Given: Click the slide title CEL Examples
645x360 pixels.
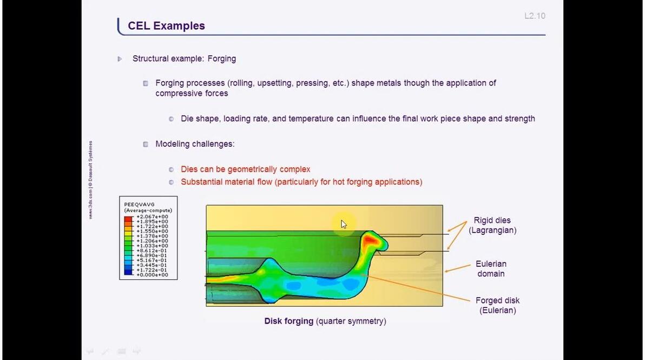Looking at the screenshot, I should (x=166, y=25).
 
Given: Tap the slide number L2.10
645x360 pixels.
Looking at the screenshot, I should (x=535, y=16).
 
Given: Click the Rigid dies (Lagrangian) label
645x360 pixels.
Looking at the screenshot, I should (x=492, y=225).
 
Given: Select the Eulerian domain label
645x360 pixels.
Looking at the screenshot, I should (x=491, y=269).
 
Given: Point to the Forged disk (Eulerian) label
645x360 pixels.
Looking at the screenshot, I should (x=497, y=305).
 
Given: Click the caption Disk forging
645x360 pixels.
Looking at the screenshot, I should (x=288, y=321).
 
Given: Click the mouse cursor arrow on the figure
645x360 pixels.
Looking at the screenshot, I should (x=344, y=224).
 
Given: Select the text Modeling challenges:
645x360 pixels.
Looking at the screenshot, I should (x=195, y=144).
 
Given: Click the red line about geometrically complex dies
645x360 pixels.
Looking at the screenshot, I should (x=245, y=169).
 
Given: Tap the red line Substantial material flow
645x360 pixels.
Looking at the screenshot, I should (x=301, y=182).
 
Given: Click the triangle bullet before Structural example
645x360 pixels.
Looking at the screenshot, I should (x=120, y=58).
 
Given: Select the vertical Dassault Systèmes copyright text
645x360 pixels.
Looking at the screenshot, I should (x=90, y=180).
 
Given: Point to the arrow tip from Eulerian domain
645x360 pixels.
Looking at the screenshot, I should (x=445, y=270).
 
